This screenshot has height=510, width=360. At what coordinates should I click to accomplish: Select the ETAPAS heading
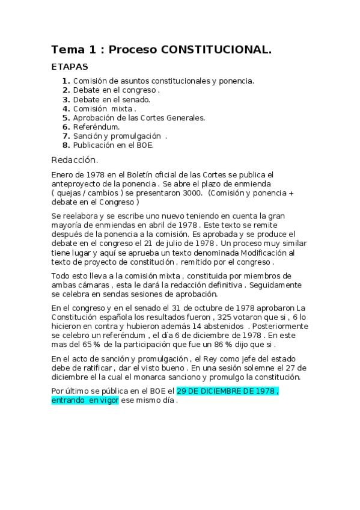pyautogui.click(x=70, y=67)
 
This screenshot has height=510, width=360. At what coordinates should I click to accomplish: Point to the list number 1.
pyautogui.click(x=66, y=81)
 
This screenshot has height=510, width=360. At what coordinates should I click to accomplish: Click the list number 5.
pyautogui.click(x=66, y=118)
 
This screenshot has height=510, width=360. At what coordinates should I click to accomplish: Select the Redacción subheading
pyautogui.click(x=75, y=160)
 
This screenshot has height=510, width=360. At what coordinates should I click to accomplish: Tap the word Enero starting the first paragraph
pyautogui.click(x=63, y=174)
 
